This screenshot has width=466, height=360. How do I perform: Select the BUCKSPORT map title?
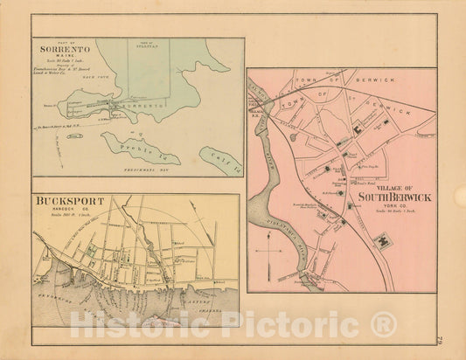(x=69, y=202)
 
